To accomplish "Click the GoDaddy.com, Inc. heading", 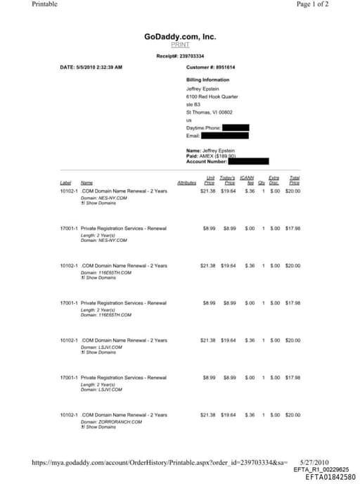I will [180, 37].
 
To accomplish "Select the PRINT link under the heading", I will [180, 45].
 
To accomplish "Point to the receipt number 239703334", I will [180, 56].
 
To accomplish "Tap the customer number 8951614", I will [210, 67].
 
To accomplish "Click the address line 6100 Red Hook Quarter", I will [212, 96].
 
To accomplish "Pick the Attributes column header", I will [186, 183].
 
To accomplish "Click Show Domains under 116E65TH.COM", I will [97, 277].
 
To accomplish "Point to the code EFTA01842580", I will [331, 476].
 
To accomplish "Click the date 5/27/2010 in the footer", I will [324, 462].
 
